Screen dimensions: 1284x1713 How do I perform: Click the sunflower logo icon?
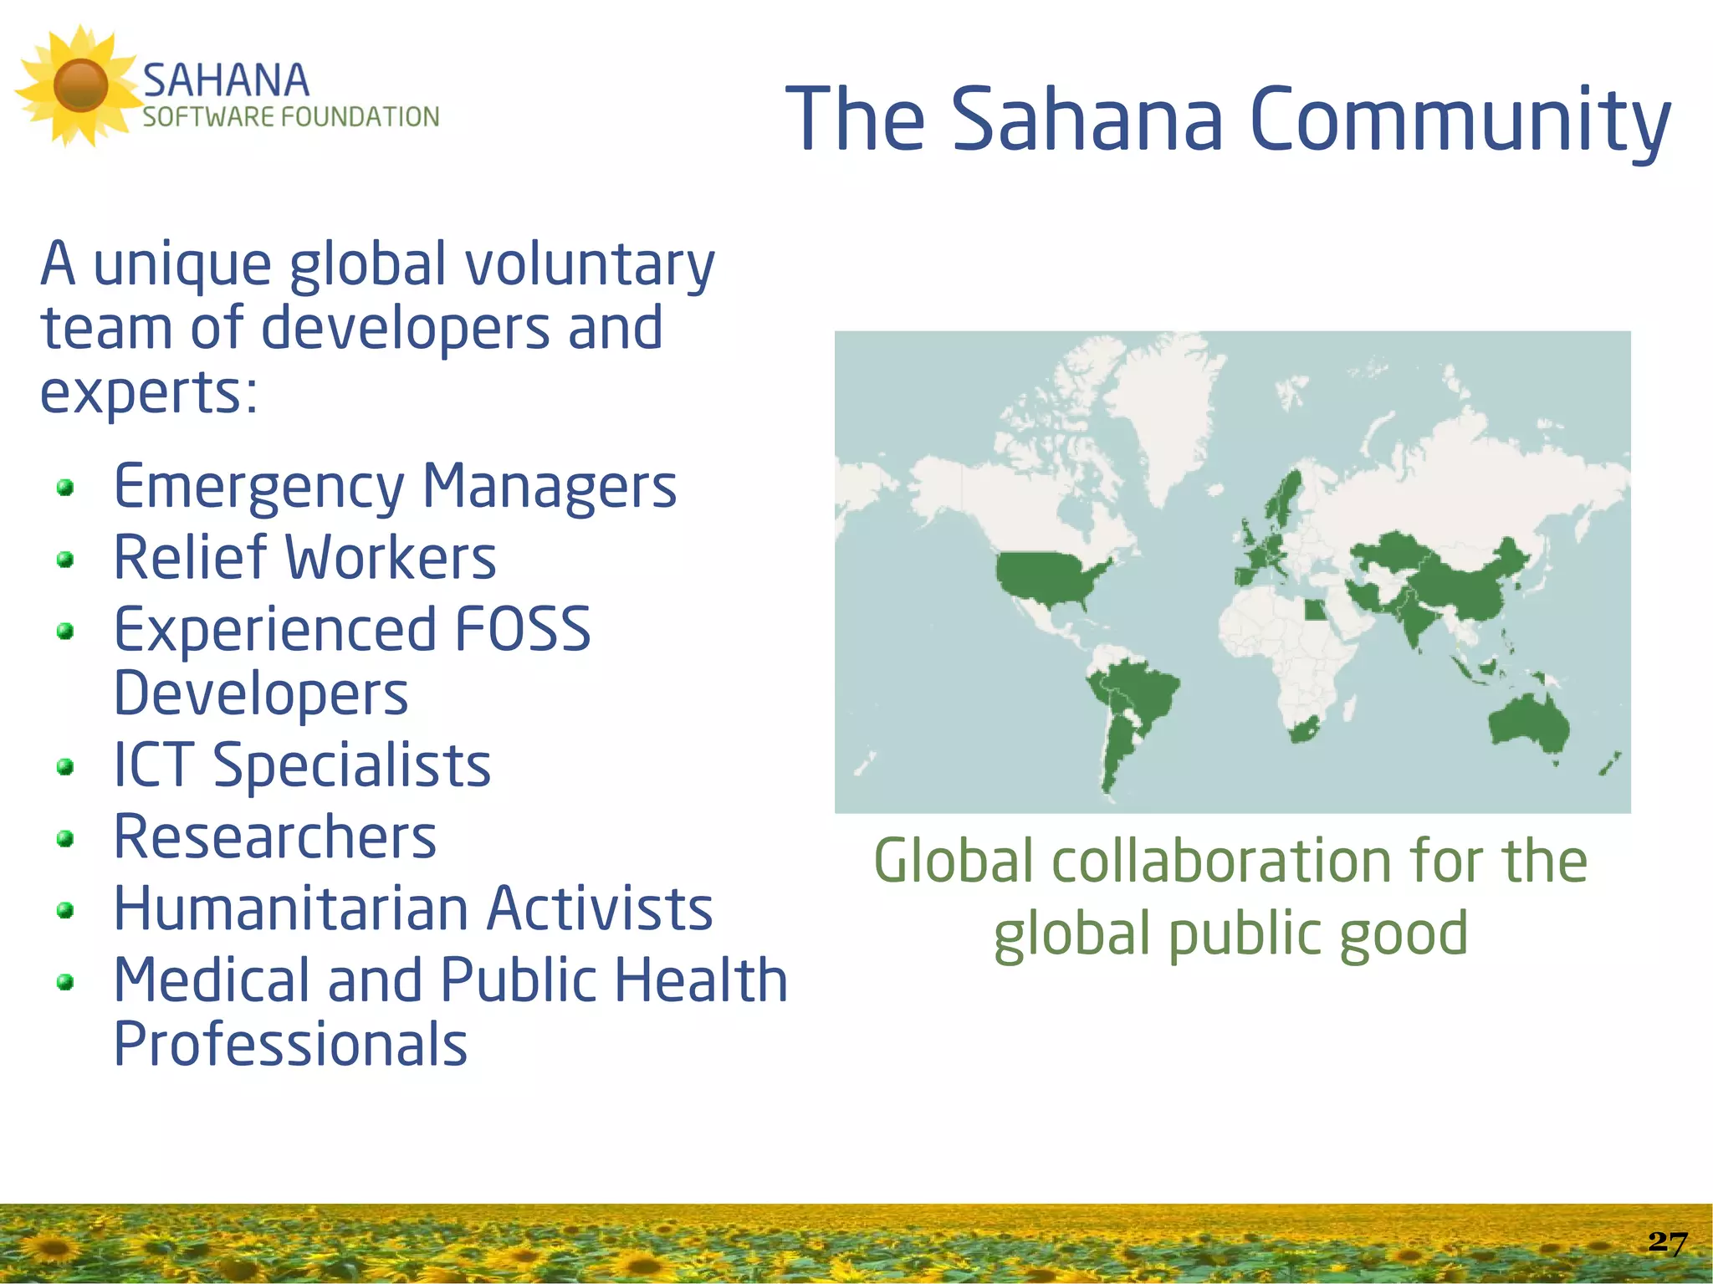pyautogui.click(x=79, y=85)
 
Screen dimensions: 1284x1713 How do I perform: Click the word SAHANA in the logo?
pyautogui.click(x=226, y=81)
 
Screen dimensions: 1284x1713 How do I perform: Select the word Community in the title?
pyautogui.click(x=1460, y=121)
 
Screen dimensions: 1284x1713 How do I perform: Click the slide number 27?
pyautogui.click(x=1667, y=1242)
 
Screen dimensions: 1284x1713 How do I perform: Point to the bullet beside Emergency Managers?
pyautogui.click(x=65, y=487)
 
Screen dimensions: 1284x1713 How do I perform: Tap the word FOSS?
pyautogui.click(x=523, y=629)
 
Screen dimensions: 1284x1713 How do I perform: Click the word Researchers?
pyautogui.click(x=275, y=836)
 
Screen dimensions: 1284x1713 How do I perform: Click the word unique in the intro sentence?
pyautogui.click(x=182, y=264)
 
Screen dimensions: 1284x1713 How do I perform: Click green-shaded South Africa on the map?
pyautogui.click(x=1302, y=730)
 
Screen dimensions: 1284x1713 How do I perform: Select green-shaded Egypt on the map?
pyautogui.click(x=1315, y=610)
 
